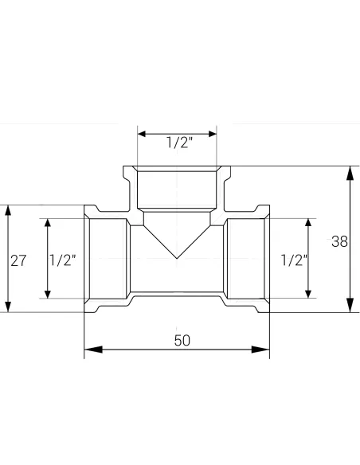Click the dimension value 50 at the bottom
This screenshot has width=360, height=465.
click(x=182, y=340)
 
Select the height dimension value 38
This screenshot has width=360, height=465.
click(x=339, y=242)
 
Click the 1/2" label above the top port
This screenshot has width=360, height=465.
click(x=178, y=143)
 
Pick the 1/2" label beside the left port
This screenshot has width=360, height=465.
click(x=63, y=260)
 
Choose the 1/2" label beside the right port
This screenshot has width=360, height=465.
click(x=294, y=260)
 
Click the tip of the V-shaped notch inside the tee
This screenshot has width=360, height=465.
click(x=177, y=258)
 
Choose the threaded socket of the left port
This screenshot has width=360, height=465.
click(x=106, y=259)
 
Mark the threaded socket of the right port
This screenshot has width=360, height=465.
click(x=248, y=259)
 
